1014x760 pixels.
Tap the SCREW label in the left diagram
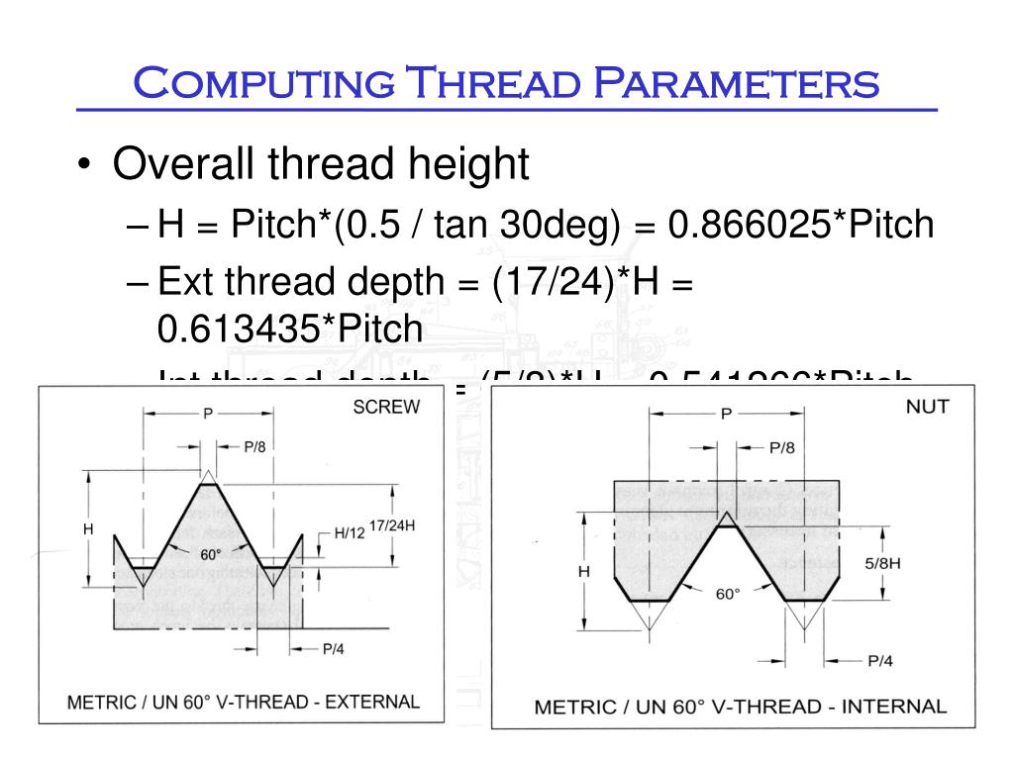[x=386, y=407]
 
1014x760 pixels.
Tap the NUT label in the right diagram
[x=927, y=407]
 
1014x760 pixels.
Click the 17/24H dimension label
[x=392, y=525]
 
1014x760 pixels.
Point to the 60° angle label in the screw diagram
[x=210, y=554]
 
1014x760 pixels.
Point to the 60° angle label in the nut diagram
[x=728, y=594]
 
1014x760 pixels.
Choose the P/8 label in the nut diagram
[x=782, y=447]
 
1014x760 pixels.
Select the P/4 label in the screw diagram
[x=334, y=649]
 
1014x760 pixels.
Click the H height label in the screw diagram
[x=87, y=529]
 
